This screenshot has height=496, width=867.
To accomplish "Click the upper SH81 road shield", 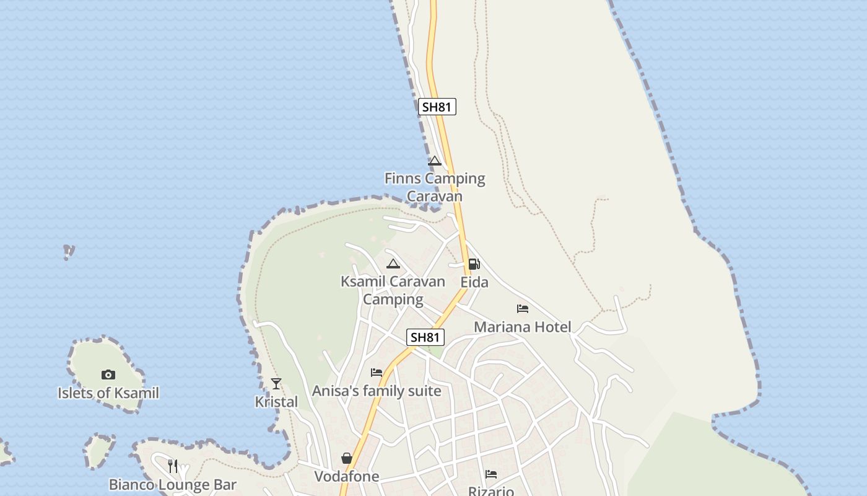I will pos(437,107).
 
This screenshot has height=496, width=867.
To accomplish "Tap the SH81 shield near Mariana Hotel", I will pos(425,337).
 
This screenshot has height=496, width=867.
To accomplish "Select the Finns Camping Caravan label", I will pos(435,187).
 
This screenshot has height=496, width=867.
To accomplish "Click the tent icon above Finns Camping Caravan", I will pos(435,161).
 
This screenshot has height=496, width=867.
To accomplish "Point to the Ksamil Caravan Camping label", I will pos(393,290).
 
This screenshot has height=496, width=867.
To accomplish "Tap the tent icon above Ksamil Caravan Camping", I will pos(393,264).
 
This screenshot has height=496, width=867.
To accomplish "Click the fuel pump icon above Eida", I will pos(474,264).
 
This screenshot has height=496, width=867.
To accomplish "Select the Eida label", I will pos(474,283).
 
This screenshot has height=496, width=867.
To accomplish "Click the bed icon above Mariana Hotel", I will pos(523,309).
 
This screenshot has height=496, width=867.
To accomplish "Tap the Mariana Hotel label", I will pos(523,327).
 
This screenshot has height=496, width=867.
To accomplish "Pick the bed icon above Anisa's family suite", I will pos(377,373).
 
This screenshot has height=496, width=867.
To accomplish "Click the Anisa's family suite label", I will pos(377,391).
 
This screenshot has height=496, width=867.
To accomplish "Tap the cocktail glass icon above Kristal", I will pos(276,384).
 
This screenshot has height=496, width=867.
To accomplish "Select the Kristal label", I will pos(276,402).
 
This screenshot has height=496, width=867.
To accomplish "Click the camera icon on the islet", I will pos(108,374).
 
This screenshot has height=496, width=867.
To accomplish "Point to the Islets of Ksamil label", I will pos(108,393).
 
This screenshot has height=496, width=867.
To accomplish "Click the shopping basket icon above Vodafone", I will pos(347,458).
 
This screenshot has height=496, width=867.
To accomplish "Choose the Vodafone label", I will pos(347,477).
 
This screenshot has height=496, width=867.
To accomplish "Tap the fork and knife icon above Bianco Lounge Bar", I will pos(173,466).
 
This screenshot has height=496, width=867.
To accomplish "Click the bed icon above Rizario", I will pos(491,474).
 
